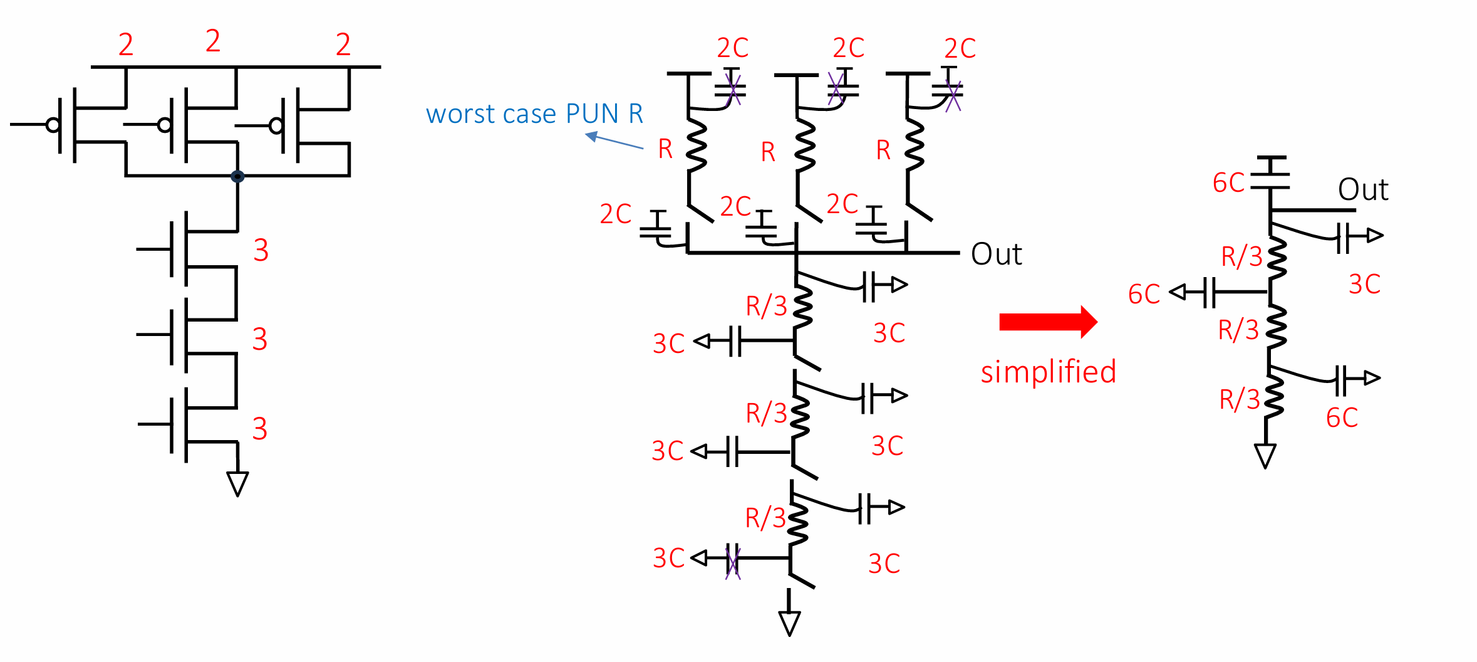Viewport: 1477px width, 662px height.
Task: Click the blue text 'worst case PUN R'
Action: pyautogui.click(x=534, y=113)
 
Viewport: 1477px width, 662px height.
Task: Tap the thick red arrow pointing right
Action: pyautogui.click(x=1049, y=322)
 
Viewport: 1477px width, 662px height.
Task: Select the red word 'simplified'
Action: pyautogui.click(x=1049, y=372)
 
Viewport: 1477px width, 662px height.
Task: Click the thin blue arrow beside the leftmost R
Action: pyautogui.click(x=614, y=140)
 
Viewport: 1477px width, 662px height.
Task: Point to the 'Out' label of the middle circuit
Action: pyautogui.click(x=996, y=254)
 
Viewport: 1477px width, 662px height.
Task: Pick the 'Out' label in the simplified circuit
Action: pyautogui.click(x=1363, y=189)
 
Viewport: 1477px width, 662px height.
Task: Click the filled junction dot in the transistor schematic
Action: pyautogui.click(x=237, y=176)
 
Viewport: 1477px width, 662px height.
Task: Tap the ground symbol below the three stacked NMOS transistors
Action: pyautogui.click(x=237, y=483)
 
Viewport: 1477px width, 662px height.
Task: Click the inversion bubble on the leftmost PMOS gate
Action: pyautogui.click(x=53, y=125)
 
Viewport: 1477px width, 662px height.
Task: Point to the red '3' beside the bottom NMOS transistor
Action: pyautogui.click(x=260, y=429)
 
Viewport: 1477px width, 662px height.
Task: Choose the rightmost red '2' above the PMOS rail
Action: pyautogui.click(x=343, y=45)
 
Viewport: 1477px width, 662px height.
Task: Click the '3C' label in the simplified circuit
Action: pyautogui.click(x=1365, y=284)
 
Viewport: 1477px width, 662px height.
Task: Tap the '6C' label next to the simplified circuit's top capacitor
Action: pyautogui.click(x=1229, y=183)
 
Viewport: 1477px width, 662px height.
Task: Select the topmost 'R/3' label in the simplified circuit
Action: pyautogui.click(x=1242, y=256)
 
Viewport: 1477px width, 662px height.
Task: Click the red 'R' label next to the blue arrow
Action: pyautogui.click(x=665, y=149)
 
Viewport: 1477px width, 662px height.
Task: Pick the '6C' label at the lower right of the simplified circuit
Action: pyautogui.click(x=1342, y=418)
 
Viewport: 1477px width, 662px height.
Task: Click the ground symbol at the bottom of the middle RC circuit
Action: pyautogui.click(x=789, y=623)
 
